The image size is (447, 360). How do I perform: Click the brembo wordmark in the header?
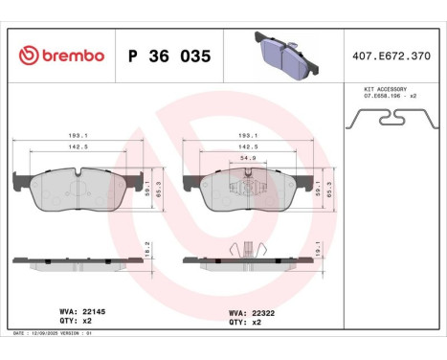pyautogui.click(x=56, y=56)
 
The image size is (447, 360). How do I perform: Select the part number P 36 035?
pyautogui.click(x=168, y=56)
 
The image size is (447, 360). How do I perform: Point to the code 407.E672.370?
pyautogui.click(x=393, y=56)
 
